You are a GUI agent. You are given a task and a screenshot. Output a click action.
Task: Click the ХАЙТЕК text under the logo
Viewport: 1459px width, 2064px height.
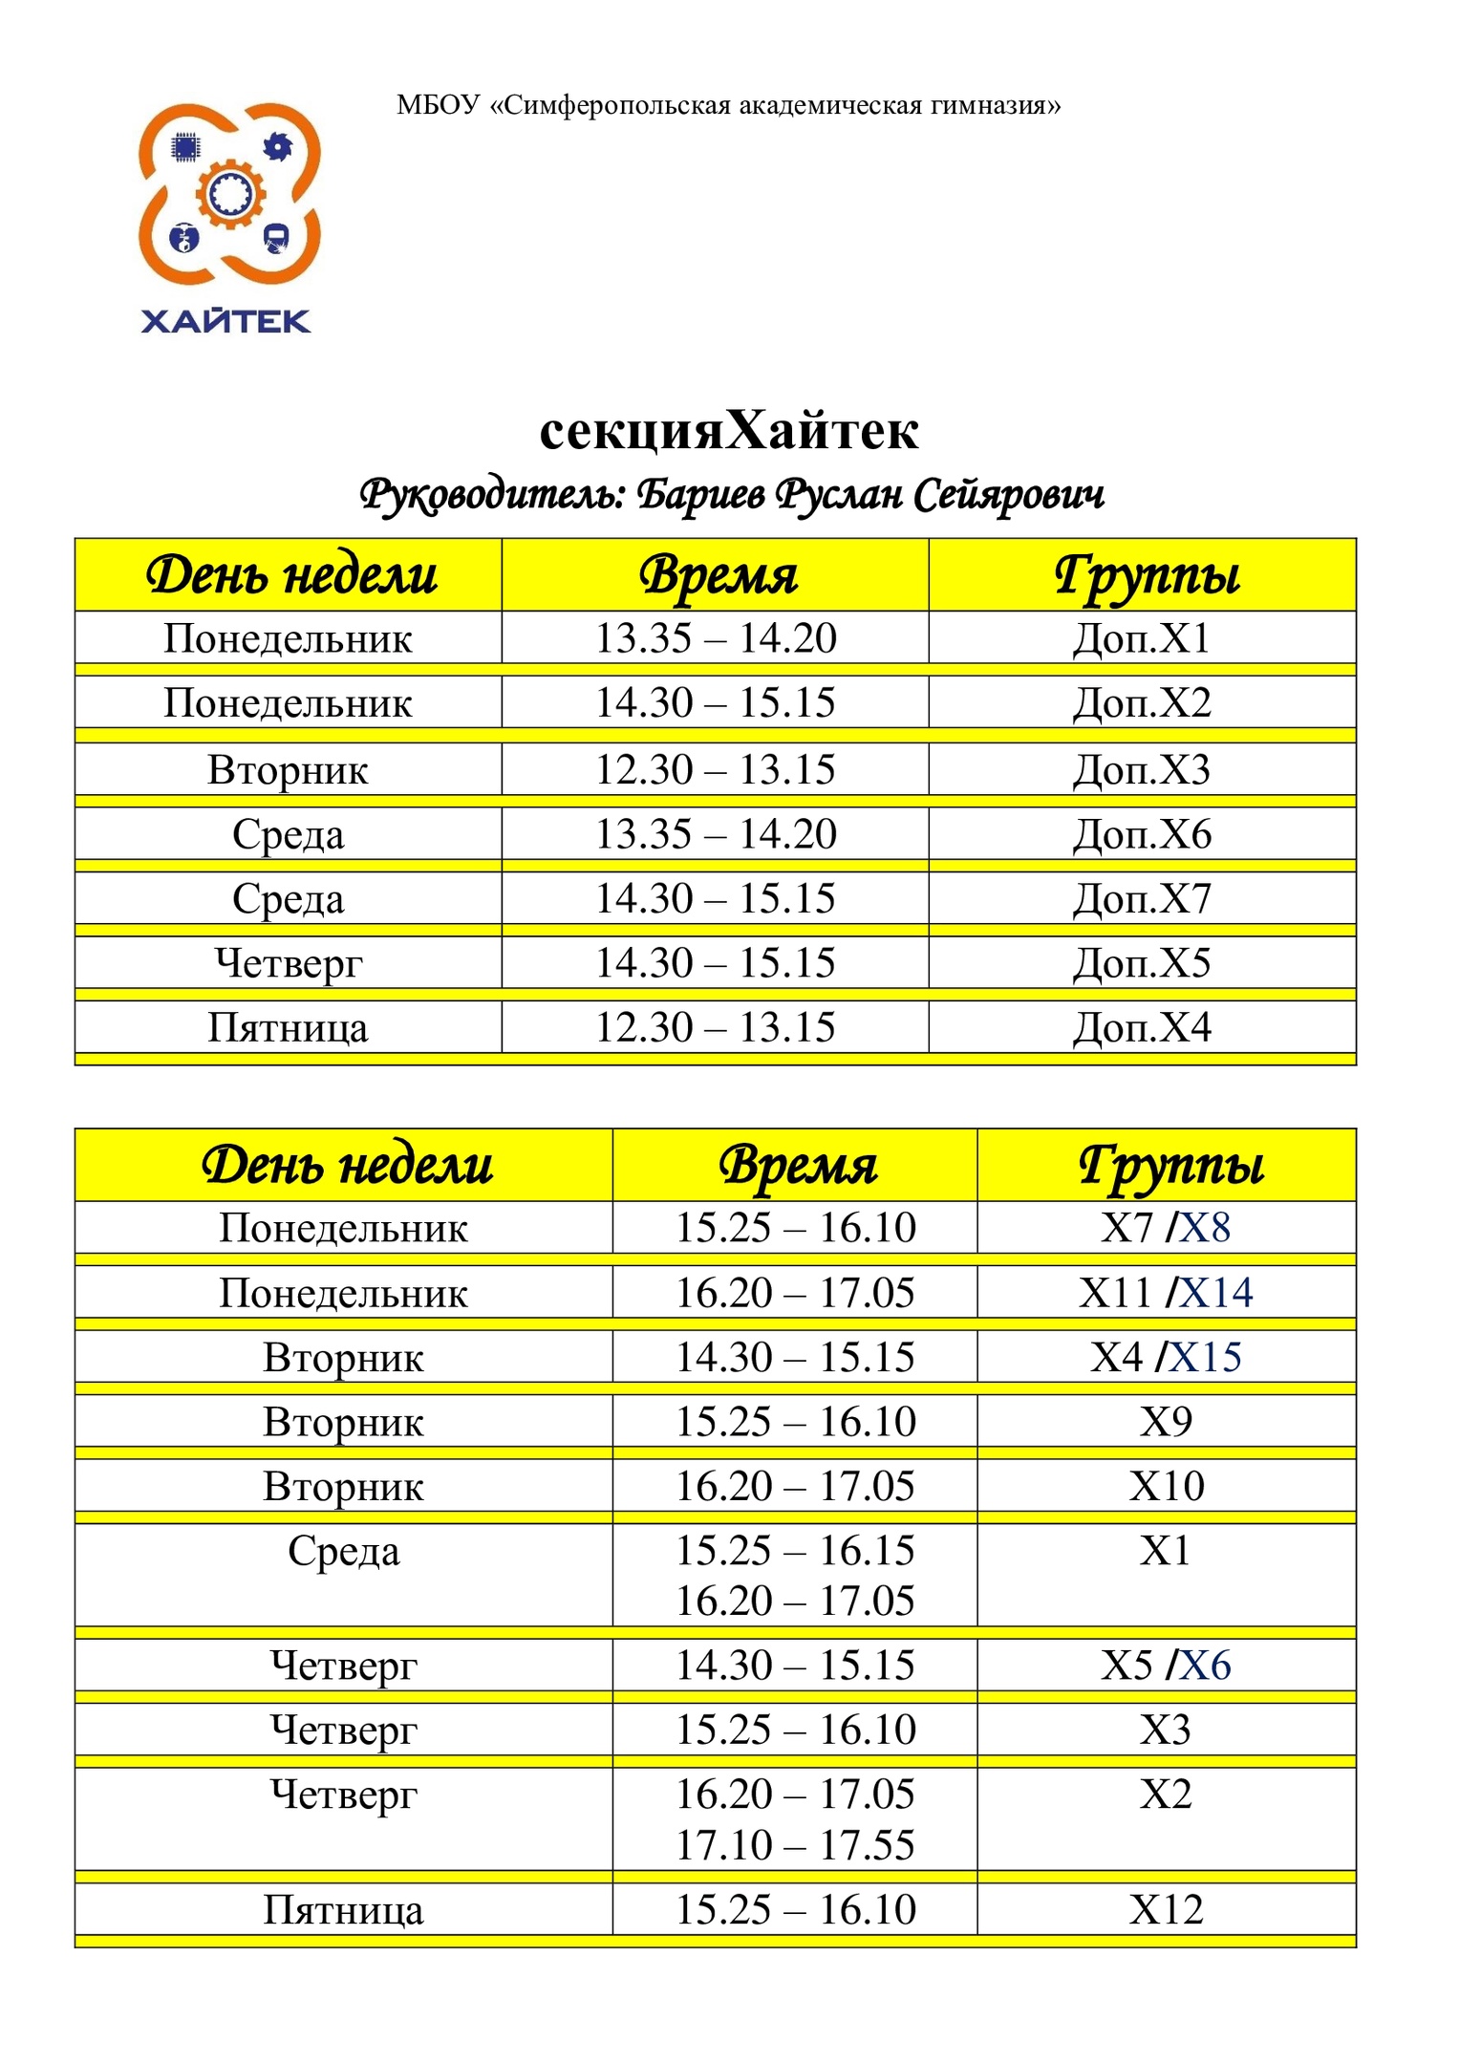225,321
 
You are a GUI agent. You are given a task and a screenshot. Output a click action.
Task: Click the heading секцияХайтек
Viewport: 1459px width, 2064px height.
728,431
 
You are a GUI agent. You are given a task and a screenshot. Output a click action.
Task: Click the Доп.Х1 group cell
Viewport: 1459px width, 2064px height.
1142,638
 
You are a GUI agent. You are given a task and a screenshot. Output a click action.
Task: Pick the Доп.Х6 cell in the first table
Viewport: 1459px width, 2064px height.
1142,834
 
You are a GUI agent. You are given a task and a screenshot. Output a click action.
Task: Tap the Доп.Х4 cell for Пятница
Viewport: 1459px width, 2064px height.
1142,1028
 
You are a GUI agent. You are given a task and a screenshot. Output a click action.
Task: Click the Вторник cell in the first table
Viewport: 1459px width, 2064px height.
288,770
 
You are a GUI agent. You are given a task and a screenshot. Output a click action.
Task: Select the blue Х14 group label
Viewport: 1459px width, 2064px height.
1216,1293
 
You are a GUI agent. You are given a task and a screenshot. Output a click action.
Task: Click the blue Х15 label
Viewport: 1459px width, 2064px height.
1206,1358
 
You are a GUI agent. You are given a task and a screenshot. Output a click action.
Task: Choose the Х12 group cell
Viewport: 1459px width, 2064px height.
1166,1910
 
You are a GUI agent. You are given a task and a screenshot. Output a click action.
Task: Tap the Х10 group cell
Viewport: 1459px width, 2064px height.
1166,1487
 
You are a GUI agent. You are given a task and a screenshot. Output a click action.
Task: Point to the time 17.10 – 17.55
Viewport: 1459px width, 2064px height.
795,1845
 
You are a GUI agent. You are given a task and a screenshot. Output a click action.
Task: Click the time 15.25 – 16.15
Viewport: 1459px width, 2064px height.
795,1551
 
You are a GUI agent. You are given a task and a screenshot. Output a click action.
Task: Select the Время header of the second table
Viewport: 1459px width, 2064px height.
797,1166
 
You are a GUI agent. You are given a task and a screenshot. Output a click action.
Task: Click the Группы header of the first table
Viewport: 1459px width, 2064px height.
1146,576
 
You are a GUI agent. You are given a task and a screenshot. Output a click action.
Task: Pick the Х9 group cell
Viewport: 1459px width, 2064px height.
1166,1422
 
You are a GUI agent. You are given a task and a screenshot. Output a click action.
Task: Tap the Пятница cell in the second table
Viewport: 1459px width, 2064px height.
343,1910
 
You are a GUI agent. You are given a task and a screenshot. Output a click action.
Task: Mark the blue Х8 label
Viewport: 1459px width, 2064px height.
1205,1228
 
